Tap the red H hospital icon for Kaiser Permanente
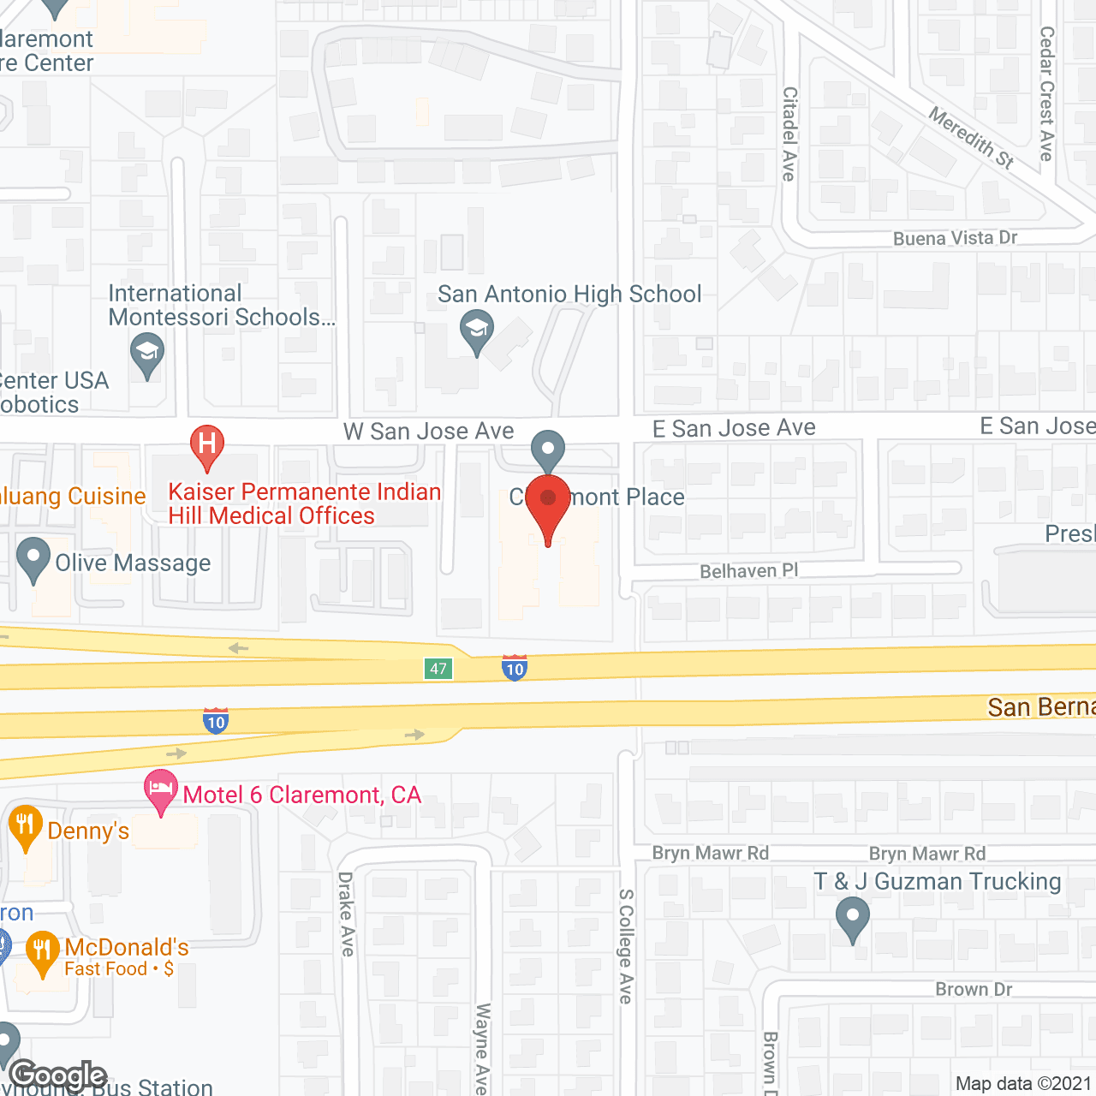click(206, 445)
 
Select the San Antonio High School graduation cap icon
click(477, 331)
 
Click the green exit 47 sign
click(438, 669)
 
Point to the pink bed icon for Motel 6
click(160, 789)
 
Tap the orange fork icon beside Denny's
click(25, 826)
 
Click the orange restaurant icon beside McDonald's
click(42, 950)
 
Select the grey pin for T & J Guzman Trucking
click(852, 917)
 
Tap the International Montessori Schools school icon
click(147, 353)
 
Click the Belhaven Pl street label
click(748, 571)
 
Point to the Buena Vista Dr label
click(955, 238)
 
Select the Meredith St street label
click(971, 137)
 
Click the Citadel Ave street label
click(789, 134)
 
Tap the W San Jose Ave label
click(428, 432)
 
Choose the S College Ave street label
click(626, 945)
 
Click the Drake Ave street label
click(346, 914)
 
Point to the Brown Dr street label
click(974, 990)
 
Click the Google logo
click(58, 1075)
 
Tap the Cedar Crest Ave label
click(1046, 94)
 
